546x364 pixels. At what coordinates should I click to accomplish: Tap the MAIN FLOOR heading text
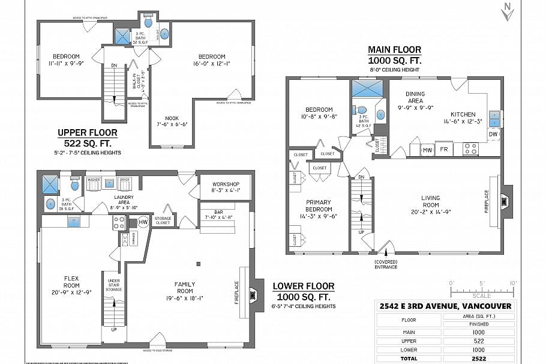tap(394, 50)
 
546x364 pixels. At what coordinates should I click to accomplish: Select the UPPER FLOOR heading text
tap(88, 132)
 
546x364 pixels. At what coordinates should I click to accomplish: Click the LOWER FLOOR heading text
tap(303, 287)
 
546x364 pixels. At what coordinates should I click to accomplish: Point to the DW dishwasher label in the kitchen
tap(493, 134)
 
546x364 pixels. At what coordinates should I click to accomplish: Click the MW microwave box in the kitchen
tap(427, 149)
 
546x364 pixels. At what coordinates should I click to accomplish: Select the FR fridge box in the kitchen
tap(445, 149)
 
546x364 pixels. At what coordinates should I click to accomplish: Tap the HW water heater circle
tap(143, 222)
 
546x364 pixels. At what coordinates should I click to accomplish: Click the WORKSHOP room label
tap(226, 184)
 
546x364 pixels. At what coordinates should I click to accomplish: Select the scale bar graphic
tap(482, 291)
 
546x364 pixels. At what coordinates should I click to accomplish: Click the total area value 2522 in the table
tap(478, 357)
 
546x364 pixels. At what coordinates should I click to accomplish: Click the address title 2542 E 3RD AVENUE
tap(446, 306)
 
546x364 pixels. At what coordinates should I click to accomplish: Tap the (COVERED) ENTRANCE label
tap(386, 264)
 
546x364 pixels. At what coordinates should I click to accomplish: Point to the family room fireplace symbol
tap(255, 294)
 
